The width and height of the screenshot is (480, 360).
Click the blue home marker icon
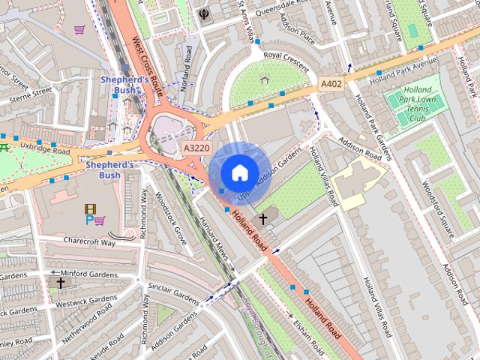click(238, 172)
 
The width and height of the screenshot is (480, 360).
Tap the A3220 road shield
click(196, 148)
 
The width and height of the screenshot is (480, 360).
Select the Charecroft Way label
click(89, 242)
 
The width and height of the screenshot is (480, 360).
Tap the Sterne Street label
click(30, 94)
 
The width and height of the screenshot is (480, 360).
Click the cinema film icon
click(91, 208)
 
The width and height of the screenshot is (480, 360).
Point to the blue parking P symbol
click(89, 220)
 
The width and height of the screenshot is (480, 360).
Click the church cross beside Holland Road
click(262, 219)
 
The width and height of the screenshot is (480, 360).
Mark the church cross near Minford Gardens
click(60, 283)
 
